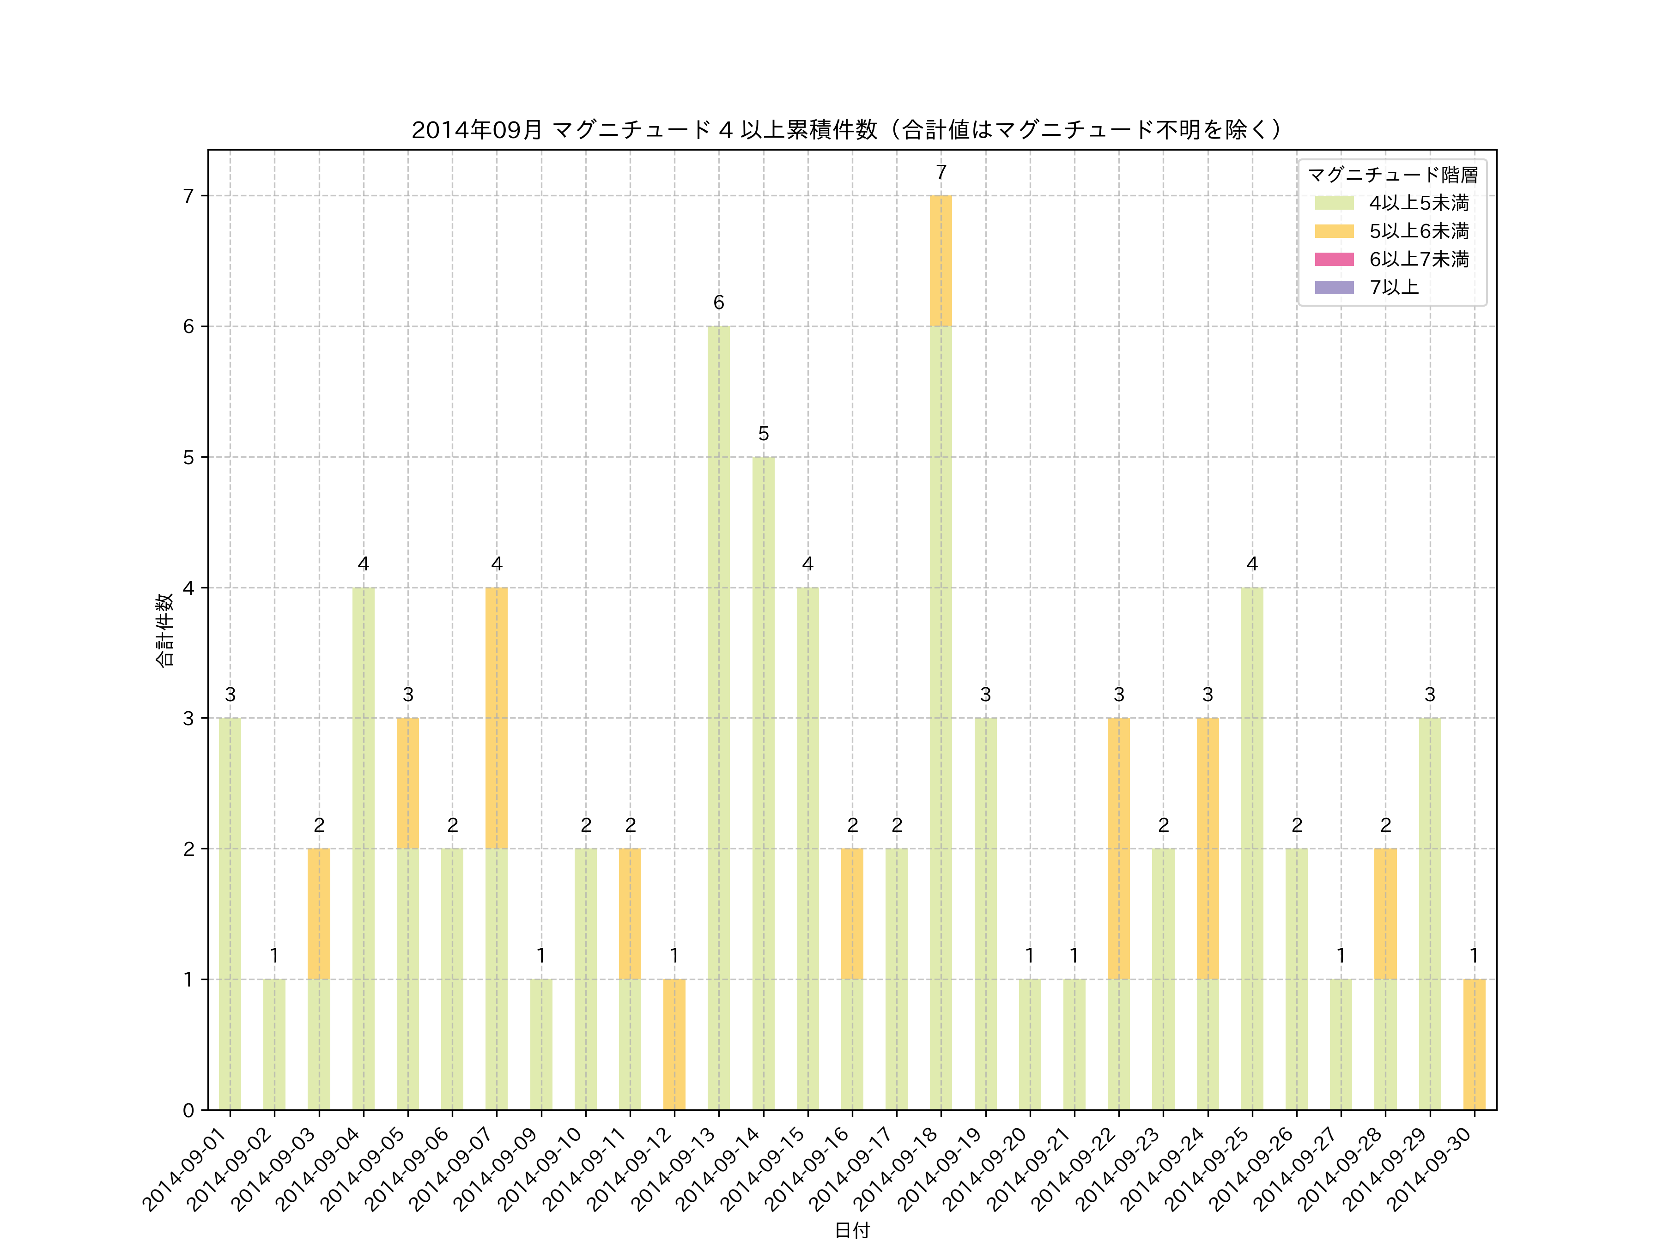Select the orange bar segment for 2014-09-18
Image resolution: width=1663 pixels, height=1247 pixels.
coord(941,261)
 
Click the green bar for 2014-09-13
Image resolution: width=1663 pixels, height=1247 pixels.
coord(719,718)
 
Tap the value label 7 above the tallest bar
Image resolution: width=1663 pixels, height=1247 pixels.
coord(941,173)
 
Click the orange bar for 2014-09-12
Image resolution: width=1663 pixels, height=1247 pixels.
coord(674,1044)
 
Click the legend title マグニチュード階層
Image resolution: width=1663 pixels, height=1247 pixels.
coord(1392,175)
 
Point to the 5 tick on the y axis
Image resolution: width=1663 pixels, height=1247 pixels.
coord(188,457)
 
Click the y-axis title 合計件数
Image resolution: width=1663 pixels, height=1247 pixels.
coord(164,630)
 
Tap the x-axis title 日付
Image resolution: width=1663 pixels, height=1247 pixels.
coord(852,1230)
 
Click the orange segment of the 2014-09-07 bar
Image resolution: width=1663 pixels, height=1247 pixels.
coord(496,718)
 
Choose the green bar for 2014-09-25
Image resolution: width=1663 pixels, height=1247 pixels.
coord(1252,848)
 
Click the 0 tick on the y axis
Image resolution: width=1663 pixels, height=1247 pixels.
coord(188,1110)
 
